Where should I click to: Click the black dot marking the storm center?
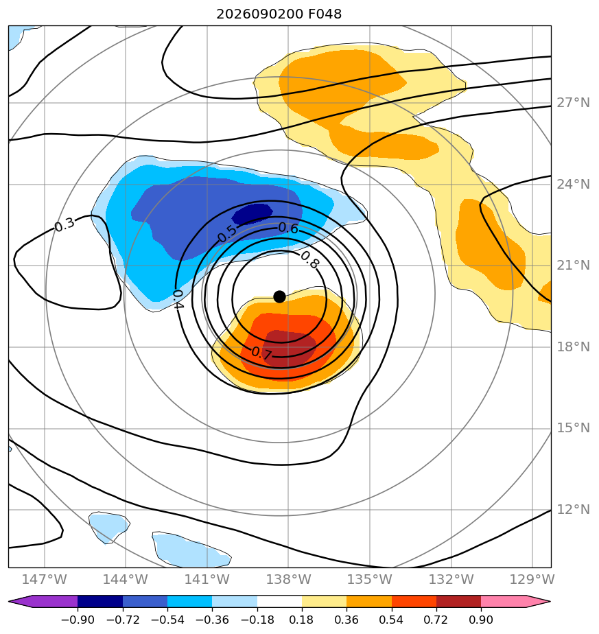(279, 297)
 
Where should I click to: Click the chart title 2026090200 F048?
(279, 14)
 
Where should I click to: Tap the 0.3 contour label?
(64, 224)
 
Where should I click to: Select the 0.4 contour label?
(178, 299)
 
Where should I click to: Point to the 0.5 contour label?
(227, 233)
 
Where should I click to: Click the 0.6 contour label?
(288, 228)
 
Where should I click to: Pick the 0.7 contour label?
(261, 353)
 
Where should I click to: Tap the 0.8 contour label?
(310, 259)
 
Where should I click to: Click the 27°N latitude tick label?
(573, 103)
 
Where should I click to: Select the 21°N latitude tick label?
(573, 266)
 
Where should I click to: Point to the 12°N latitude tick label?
(573, 509)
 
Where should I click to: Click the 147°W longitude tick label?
(44, 579)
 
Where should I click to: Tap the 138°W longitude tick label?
(288, 579)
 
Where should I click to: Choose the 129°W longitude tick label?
(532, 579)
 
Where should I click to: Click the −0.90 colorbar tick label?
(78, 620)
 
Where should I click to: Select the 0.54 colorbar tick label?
(392, 620)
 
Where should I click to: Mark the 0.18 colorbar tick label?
(302, 620)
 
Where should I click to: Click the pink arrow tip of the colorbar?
(550, 602)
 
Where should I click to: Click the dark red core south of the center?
(288, 349)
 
